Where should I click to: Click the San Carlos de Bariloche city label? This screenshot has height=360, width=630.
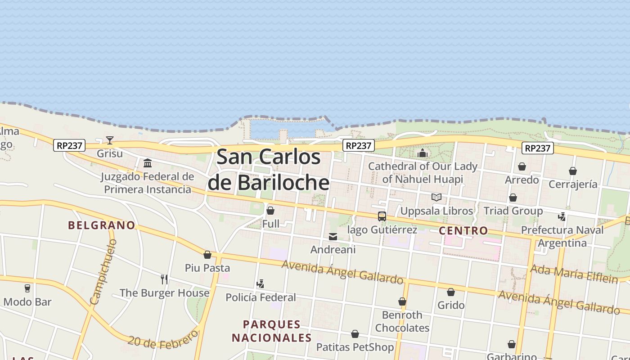tap(269, 170)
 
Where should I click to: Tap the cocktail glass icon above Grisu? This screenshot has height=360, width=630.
tap(110, 140)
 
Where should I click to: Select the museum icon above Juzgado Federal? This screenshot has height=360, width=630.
tap(148, 163)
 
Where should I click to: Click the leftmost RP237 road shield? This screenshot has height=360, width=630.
tap(69, 145)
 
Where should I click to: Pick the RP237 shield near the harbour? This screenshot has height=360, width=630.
tap(359, 145)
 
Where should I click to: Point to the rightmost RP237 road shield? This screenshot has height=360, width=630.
tap(538, 148)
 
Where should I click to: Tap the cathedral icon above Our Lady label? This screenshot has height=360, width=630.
tap(423, 153)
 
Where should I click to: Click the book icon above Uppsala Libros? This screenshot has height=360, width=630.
tap(436, 197)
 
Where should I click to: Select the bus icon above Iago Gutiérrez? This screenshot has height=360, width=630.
tap(382, 216)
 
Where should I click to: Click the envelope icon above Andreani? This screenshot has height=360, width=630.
tap(333, 237)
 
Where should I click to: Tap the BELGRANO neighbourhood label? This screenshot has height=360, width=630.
tap(102, 225)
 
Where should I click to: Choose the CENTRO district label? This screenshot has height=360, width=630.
tap(463, 230)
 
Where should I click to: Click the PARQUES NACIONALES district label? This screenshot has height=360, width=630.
tap(272, 331)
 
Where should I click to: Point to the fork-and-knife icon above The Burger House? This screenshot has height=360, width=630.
tap(164, 279)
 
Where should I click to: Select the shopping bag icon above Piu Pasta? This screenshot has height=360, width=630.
tap(207, 255)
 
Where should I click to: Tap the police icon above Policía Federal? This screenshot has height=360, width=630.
tap(260, 284)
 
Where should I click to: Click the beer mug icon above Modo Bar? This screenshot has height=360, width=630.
tap(27, 288)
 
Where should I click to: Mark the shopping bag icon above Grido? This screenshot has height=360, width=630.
tap(451, 292)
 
